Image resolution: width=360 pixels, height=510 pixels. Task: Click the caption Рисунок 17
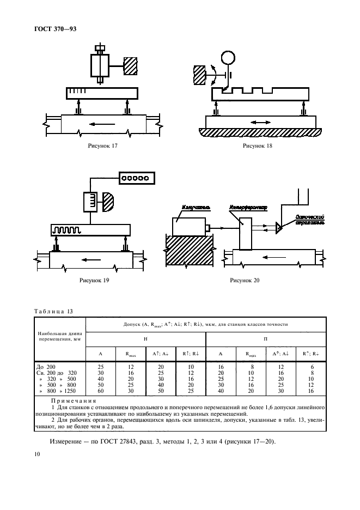(x=102, y=146)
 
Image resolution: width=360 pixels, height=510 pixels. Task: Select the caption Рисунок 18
(x=258, y=146)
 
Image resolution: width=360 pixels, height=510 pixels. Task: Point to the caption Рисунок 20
(x=245, y=281)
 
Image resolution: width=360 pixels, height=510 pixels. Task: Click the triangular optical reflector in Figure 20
(x=279, y=227)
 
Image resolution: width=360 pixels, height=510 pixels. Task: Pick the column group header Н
(x=145, y=338)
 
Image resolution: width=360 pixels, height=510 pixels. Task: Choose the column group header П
(x=265, y=338)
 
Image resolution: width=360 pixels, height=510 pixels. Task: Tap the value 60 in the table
(x=100, y=391)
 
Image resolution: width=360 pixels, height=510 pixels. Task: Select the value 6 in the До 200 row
(x=312, y=367)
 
